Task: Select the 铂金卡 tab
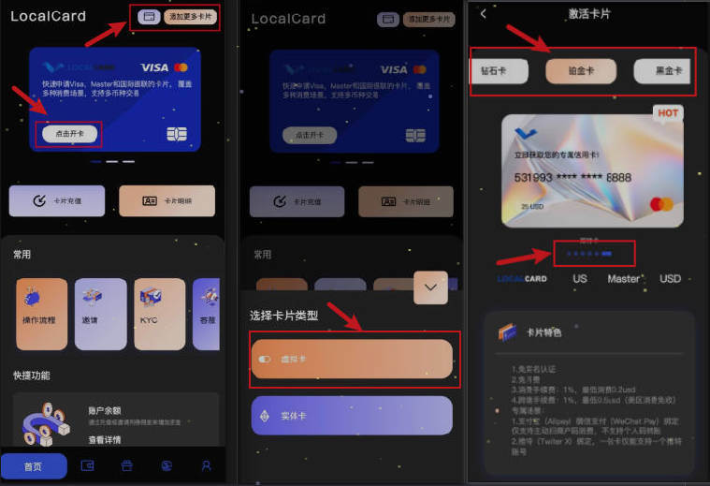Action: tap(580, 71)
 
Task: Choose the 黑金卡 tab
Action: tap(662, 71)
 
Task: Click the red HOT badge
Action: tap(668, 113)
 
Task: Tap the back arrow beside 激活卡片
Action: tap(483, 13)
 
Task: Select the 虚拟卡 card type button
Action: tap(351, 359)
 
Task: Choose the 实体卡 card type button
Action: tap(351, 415)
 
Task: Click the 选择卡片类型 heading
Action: tap(283, 316)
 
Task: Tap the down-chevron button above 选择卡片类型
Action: tap(430, 287)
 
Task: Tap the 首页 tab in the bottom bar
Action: tap(34, 465)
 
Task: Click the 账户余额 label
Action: tap(105, 409)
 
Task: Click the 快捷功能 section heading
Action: tap(32, 375)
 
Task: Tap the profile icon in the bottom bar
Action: tap(207, 465)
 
